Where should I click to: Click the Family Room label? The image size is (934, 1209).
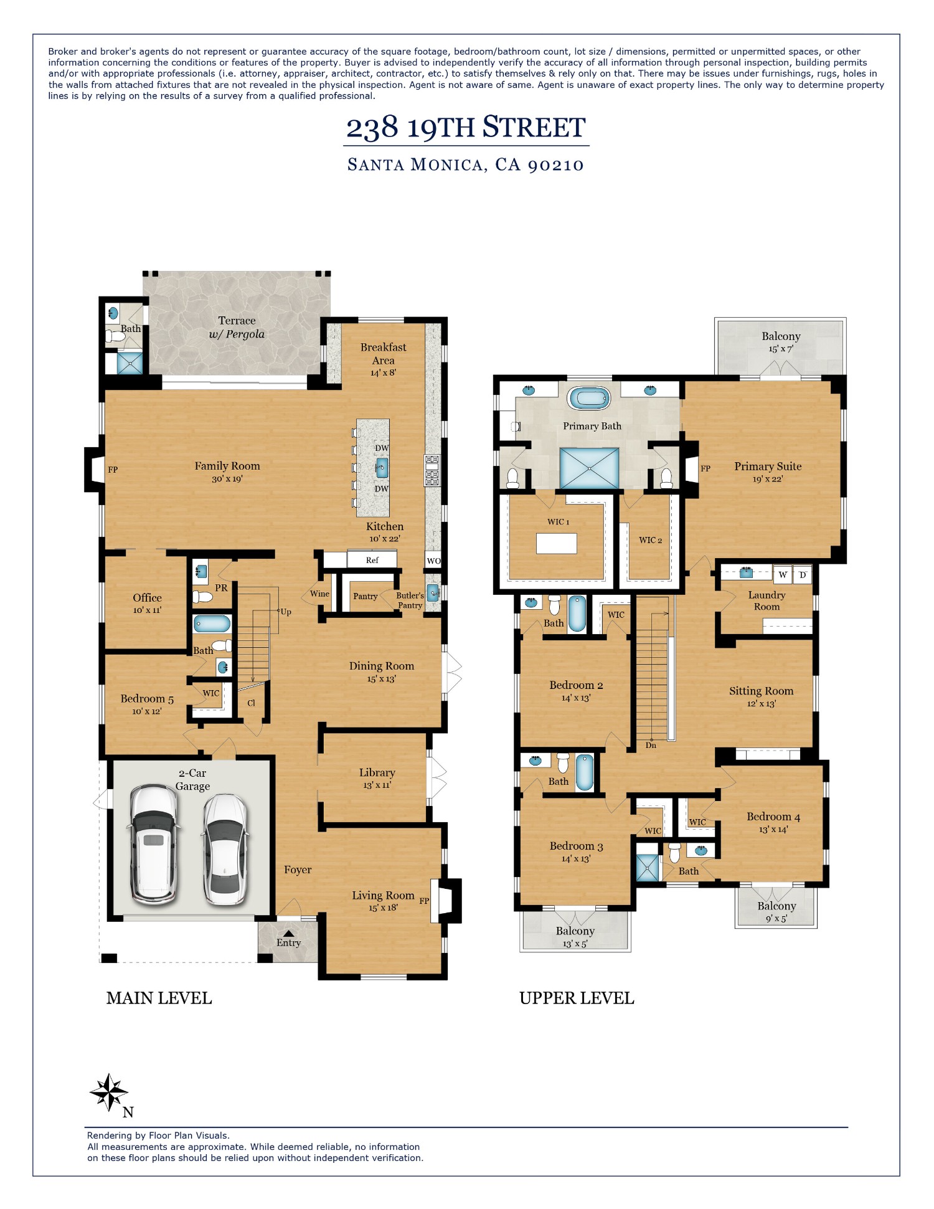tap(227, 466)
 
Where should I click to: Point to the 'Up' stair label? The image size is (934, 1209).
tap(286, 612)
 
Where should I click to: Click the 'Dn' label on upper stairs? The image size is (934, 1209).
tap(651, 745)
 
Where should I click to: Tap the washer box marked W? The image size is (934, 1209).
tap(783, 574)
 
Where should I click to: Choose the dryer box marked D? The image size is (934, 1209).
tap(803, 574)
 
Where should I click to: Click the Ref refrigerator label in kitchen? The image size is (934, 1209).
tap(372, 560)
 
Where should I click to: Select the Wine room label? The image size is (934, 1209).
tap(319, 594)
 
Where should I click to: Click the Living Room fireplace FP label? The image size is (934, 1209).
tap(424, 901)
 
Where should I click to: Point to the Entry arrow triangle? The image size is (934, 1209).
tap(288, 933)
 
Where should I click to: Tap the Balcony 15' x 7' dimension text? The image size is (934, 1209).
tap(780, 349)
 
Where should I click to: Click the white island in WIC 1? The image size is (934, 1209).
tap(556, 544)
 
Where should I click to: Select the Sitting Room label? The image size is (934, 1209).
tap(761, 691)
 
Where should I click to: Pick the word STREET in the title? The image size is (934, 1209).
tap(534, 128)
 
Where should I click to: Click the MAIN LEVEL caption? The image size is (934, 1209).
tap(159, 998)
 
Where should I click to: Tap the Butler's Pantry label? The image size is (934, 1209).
tap(410, 600)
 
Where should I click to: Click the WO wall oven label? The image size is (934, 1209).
tap(433, 561)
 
